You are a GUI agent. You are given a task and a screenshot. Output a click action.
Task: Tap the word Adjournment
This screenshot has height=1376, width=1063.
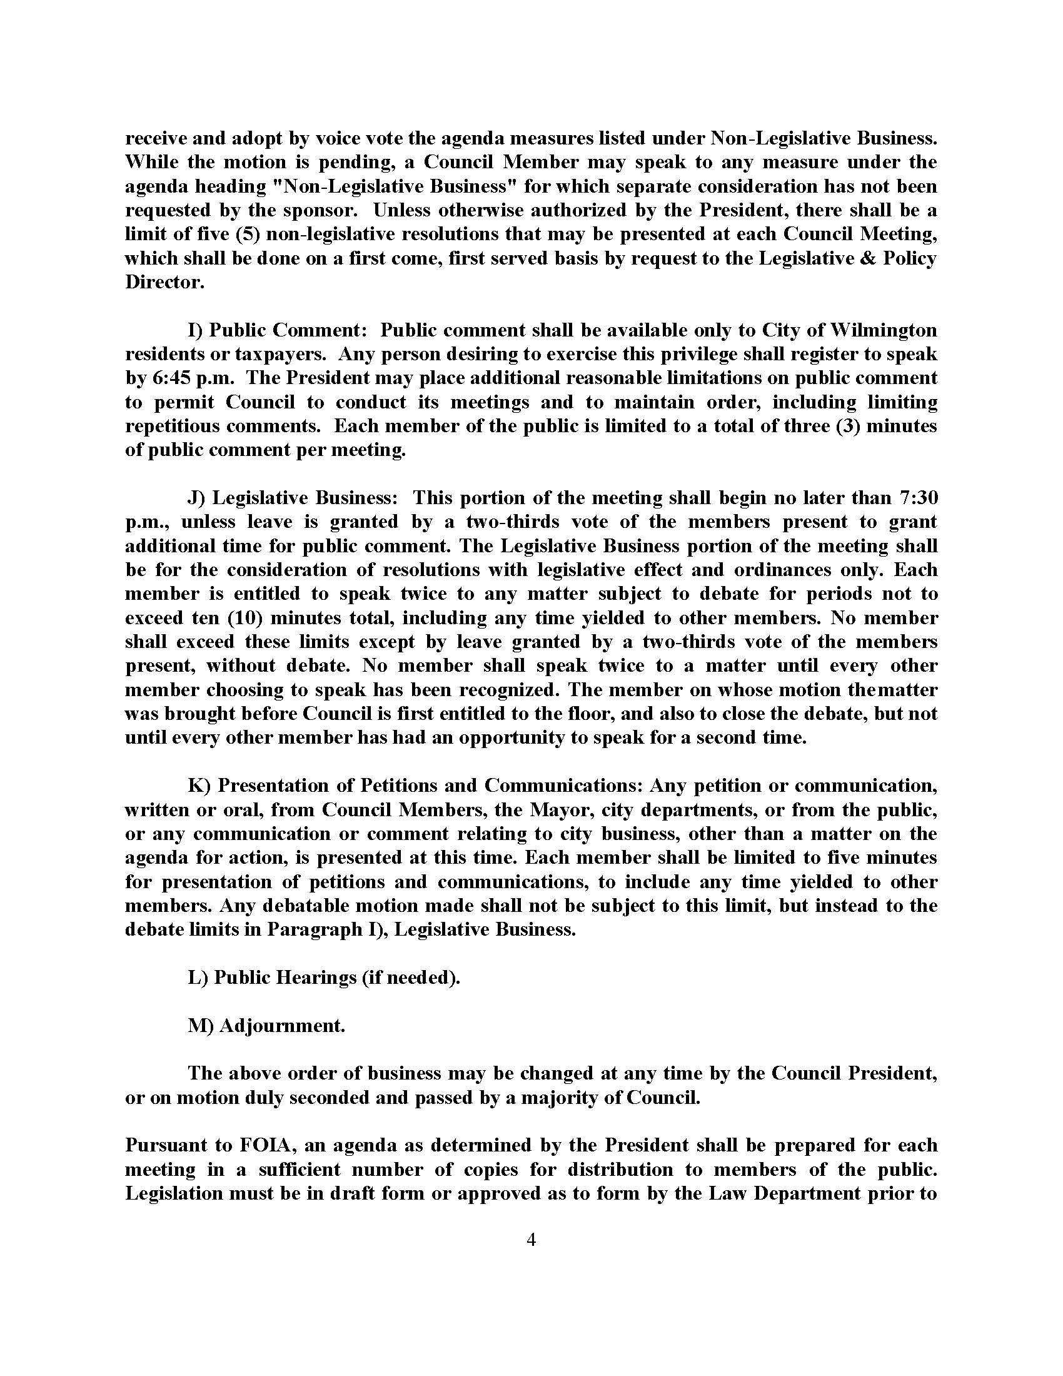282,1026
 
